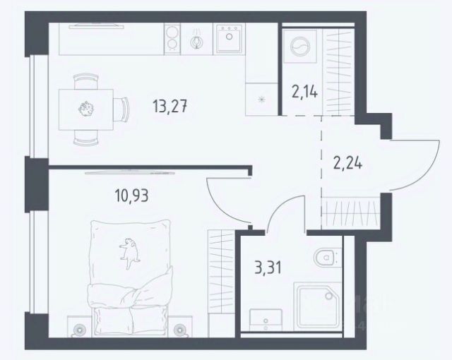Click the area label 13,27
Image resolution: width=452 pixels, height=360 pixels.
click(x=170, y=106)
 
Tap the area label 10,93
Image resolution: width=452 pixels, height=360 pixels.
click(x=131, y=196)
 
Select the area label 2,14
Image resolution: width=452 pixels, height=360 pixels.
click(x=304, y=92)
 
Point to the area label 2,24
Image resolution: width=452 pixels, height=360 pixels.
click(x=347, y=164)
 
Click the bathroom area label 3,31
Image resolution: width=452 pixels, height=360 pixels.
click(x=268, y=268)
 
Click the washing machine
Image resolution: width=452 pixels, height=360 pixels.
click(x=300, y=46)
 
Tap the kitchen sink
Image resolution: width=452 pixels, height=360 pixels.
click(x=229, y=39)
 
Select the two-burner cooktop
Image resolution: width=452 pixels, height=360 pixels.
click(x=172, y=39)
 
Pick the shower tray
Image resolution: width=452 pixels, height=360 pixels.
click(x=316, y=306)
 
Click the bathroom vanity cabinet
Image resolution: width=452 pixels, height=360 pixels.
click(x=266, y=320)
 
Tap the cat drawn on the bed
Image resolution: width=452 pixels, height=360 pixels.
click(x=129, y=252)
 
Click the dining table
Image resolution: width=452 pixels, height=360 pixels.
click(x=86, y=109)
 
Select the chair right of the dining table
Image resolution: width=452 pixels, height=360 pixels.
click(x=121, y=109)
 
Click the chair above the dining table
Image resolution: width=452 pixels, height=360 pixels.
click(x=86, y=81)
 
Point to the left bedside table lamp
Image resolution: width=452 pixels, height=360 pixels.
click(x=78, y=329)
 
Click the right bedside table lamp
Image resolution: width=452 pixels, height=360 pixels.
click(x=180, y=329)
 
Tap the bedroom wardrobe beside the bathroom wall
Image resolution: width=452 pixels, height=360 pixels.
click(x=221, y=271)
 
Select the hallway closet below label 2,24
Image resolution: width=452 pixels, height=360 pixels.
click(x=351, y=213)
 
